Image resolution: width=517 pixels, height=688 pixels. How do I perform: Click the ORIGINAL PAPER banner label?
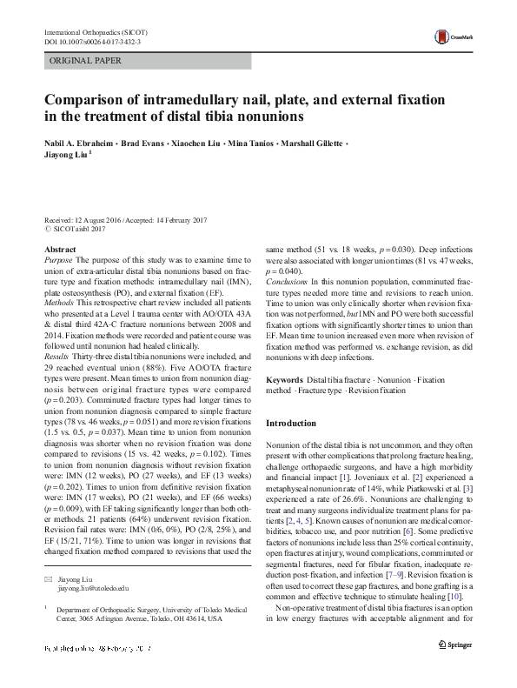84,61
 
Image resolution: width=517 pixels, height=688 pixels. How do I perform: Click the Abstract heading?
60,250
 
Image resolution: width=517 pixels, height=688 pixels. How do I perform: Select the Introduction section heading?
291,424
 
